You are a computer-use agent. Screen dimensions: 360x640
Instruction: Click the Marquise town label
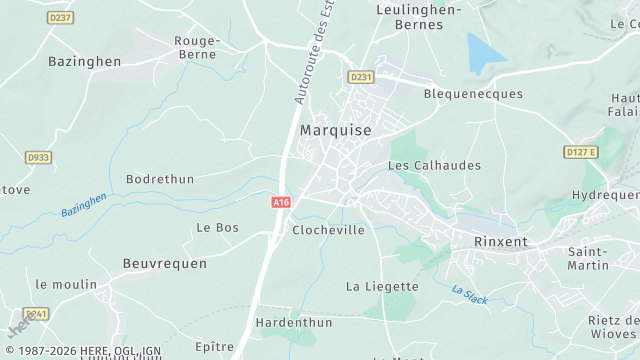click(335, 131)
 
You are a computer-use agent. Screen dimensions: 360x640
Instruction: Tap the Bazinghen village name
click(84, 61)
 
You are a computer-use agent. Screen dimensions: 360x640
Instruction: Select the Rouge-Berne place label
click(197, 47)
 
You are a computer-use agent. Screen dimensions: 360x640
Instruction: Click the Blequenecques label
click(473, 94)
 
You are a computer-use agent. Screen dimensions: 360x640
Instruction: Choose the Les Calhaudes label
click(434, 165)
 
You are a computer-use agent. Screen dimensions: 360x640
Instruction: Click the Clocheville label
click(328, 230)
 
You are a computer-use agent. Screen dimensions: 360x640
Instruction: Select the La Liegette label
click(382, 286)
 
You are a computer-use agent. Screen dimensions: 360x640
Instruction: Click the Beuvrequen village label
click(164, 263)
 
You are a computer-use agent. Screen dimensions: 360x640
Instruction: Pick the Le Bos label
click(217, 227)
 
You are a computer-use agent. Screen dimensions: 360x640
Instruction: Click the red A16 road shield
click(282, 202)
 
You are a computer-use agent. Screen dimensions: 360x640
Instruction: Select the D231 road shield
click(360, 77)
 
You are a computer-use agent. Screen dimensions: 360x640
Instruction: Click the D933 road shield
click(39, 157)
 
